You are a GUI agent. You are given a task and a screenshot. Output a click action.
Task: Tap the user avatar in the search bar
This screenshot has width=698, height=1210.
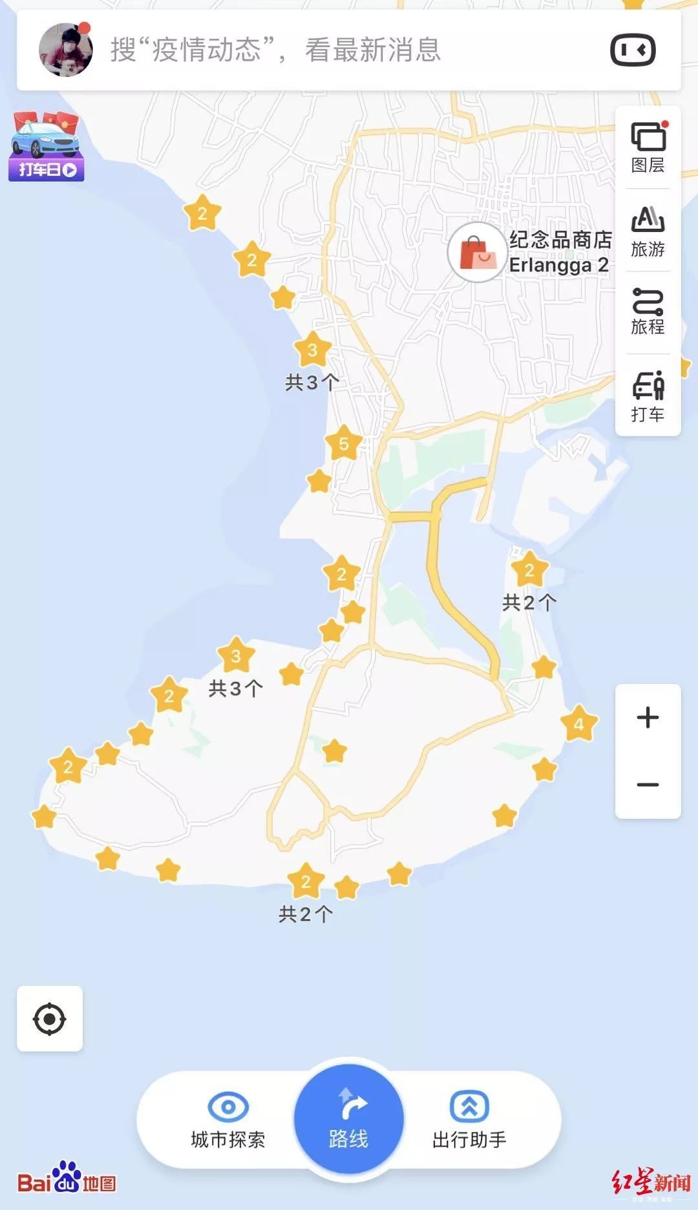(65, 50)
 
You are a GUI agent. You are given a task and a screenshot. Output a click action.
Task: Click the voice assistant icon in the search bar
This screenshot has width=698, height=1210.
(633, 50)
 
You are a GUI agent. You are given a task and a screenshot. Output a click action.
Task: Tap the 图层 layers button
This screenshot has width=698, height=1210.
(648, 147)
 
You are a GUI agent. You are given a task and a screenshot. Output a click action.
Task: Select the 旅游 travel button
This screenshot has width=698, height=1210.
(648, 231)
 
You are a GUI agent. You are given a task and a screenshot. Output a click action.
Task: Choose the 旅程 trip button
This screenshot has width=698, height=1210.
(648, 312)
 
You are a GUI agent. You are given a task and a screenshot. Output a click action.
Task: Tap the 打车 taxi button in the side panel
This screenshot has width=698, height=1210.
(648, 396)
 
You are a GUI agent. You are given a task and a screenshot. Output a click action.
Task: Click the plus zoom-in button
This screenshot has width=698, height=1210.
(648, 717)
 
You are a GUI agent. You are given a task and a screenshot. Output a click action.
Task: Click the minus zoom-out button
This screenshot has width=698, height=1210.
(648, 785)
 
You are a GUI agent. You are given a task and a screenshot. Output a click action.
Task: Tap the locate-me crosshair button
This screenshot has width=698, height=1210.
(50, 1019)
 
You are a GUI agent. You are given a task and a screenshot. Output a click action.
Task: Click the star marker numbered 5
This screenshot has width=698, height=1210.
(343, 443)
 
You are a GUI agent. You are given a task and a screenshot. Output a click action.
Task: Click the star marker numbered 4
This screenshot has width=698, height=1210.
(578, 723)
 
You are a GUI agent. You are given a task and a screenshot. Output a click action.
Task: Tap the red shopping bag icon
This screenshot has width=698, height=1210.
(477, 253)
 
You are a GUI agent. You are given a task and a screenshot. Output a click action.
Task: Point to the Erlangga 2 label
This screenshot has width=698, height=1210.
(558, 265)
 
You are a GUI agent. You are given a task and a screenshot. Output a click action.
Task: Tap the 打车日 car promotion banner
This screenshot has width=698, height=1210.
(47, 147)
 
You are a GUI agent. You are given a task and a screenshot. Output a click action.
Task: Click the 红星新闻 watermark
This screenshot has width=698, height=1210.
(651, 1183)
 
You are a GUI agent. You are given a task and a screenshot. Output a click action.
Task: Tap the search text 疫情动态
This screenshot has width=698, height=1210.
(206, 50)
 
